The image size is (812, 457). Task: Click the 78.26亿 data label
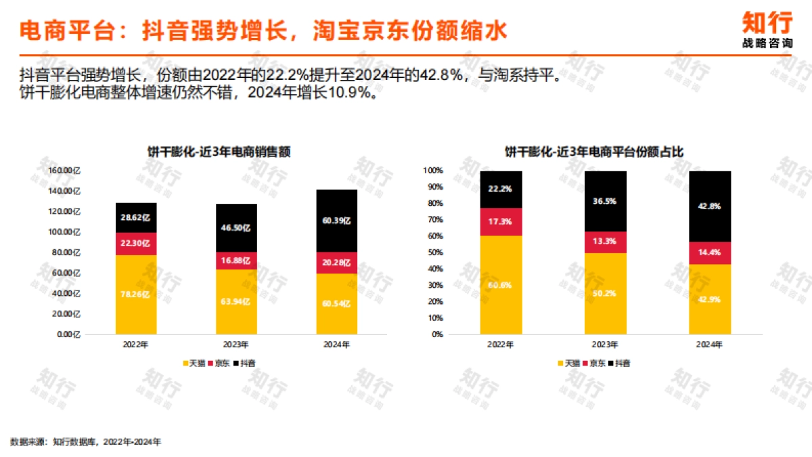(x=135, y=295)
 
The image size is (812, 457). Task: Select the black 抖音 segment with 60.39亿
(x=336, y=221)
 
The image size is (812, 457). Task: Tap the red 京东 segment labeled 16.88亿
(x=236, y=261)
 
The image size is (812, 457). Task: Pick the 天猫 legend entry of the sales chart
(x=196, y=364)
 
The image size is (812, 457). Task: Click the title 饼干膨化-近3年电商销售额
(x=219, y=152)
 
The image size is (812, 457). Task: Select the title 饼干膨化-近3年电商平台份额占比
(x=594, y=152)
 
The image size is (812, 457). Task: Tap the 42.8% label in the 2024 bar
(x=710, y=206)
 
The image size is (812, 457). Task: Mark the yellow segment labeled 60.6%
(x=501, y=285)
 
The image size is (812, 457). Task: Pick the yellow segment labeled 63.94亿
(x=236, y=302)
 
